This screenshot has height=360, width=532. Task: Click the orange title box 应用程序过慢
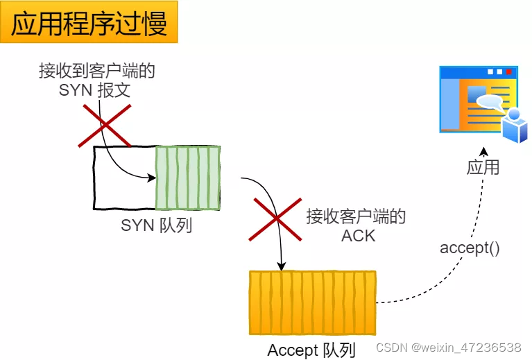click(89, 22)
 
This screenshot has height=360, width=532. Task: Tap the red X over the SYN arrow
click(104, 126)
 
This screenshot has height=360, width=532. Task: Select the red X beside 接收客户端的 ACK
click(275, 218)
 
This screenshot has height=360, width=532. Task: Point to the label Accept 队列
click(311, 350)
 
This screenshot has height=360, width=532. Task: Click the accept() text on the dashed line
click(470, 248)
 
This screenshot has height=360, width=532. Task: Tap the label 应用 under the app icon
click(483, 168)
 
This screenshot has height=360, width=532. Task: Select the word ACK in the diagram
click(358, 235)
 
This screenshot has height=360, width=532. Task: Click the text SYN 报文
click(94, 90)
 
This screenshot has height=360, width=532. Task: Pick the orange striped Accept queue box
click(312, 302)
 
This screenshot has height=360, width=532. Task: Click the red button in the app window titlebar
click(508, 71)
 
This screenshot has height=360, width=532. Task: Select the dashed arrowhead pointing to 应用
click(484, 151)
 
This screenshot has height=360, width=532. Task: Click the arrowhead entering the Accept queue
click(281, 266)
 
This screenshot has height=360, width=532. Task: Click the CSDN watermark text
click(448, 346)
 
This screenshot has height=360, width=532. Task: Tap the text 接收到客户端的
click(96, 71)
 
